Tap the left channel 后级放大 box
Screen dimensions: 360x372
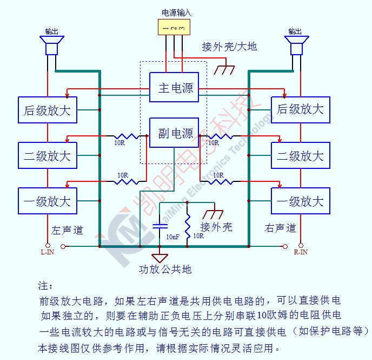click(x=48, y=110)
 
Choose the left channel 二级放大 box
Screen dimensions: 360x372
click(x=48, y=156)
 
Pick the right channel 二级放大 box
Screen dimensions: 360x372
click(x=300, y=156)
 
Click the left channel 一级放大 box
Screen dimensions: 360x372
click(x=48, y=201)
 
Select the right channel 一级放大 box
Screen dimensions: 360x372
click(x=300, y=201)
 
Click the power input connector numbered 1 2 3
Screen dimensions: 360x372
click(x=174, y=27)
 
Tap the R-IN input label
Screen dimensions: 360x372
click(x=301, y=252)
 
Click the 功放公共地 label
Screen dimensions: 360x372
click(x=165, y=269)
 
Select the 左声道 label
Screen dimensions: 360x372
click(x=68, y=230)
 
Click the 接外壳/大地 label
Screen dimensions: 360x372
click(x=229, y=47)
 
